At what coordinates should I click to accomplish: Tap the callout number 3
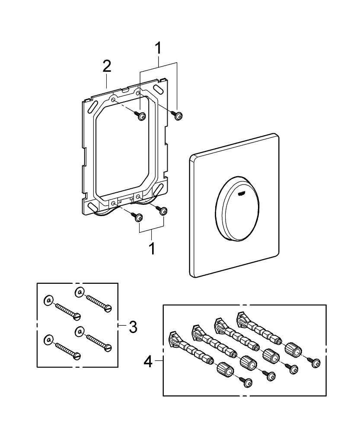point(133,327)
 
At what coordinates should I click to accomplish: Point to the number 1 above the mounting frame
point(159,49)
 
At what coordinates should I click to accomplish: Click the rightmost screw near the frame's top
point(178,115)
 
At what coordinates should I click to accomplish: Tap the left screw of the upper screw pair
point(141,115)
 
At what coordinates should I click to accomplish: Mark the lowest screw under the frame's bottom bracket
point(139,219)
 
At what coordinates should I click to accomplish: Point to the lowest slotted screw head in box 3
point(77,356)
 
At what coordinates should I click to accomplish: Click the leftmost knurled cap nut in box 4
point(225,370)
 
